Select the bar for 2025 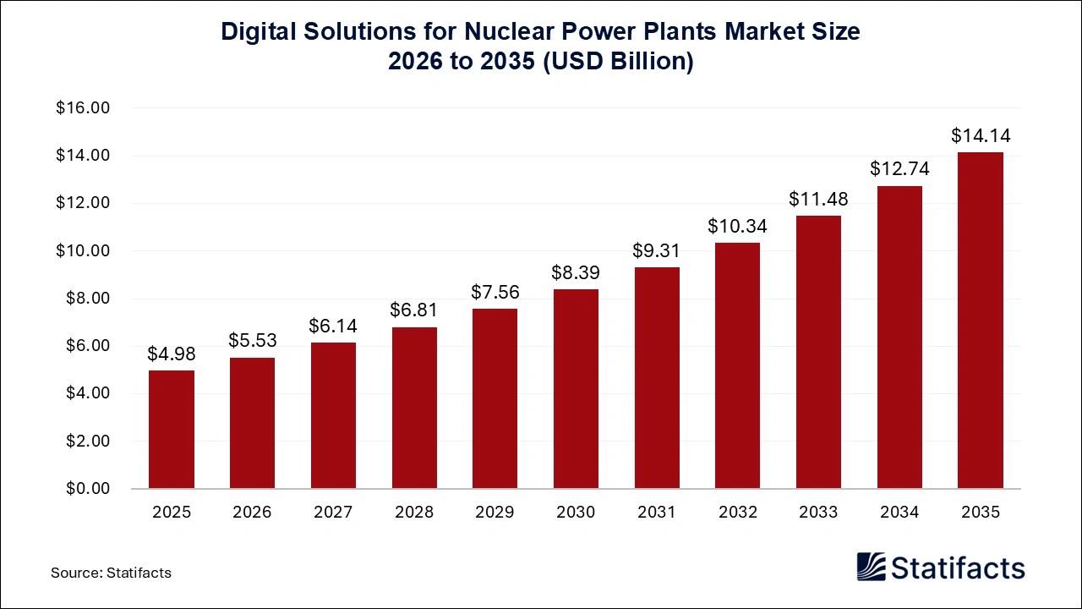click(x=172, y=430)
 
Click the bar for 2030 click(x=576, y=389)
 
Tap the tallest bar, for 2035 click(x=980, y=321)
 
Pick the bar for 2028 click(x=414, y=408)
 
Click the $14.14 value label click(x=981, y=135)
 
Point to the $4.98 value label click(x=172, y=354)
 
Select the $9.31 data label click(x=657, y=250)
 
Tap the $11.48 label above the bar click(x=818, y=199)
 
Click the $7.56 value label click(x=495, y=292)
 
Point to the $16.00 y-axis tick click(x=84, y=108)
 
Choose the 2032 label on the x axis click(x=737, y=512)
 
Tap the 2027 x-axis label click(x=333, y=512)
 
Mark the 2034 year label click(x=899, y=512)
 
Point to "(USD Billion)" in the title click(x=620, y=63)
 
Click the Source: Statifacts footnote click(x=111, y=573)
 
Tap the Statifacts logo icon click(x=871, y=567)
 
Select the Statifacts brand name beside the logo click(x=959, y=568)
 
